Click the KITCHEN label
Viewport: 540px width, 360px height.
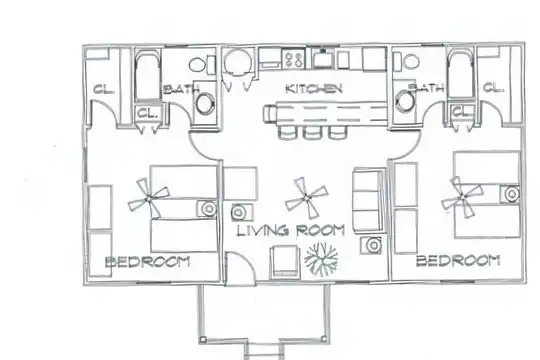pos(314,89)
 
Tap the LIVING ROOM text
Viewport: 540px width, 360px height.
pos(291,230)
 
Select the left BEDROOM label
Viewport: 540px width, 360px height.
pos(147,262)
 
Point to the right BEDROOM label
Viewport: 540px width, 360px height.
pos(458,260)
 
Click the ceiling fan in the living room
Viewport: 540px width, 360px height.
pos(306,198)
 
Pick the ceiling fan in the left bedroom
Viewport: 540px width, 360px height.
pos(148,199)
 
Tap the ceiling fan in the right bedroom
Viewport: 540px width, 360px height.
pos(463,197)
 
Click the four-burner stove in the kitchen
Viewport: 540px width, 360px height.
pos(294,58)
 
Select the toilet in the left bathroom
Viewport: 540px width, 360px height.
pos(201,64)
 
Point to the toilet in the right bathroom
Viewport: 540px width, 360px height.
pos(406,62)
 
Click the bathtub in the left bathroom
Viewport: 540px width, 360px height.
pos(147,76)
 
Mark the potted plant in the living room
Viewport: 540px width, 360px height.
pos(321,259)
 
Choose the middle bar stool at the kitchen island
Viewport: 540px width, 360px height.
pos(313,132)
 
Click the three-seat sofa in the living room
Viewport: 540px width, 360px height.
pos(368,200)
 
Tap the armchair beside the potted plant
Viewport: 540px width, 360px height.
pos(284,262)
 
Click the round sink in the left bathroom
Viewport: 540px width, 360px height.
pos(204,103)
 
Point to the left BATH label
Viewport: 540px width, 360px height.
pos(181,89)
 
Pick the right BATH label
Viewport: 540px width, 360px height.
pos(426,88)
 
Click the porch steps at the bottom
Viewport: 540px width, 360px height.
pos(264,351)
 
